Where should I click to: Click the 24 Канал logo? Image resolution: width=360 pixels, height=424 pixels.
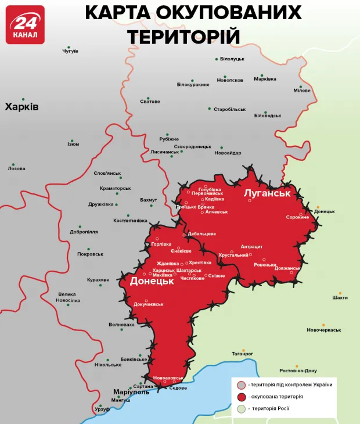(x=25, y=25)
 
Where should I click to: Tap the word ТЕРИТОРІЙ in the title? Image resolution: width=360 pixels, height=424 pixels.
(x=183, y=36)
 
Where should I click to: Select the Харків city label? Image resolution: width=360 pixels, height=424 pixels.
(x=21, y=107)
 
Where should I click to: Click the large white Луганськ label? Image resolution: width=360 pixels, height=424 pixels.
(x=267, y=192)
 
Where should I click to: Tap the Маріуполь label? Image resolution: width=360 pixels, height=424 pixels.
(x=131, y=391)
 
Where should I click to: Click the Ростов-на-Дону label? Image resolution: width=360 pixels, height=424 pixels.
(x=298, y=371)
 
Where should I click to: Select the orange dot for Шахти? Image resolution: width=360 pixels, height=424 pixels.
(x=341, y=293)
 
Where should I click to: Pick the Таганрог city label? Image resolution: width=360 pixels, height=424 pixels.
(x=243, y=353)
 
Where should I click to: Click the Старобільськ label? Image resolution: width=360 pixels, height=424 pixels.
(x=230, y=109)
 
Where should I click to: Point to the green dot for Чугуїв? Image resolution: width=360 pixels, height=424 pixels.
(x=69, y=47)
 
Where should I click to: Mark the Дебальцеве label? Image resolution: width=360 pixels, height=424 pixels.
(x=201, y=233)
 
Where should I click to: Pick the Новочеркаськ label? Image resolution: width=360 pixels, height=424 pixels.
(x=324, y=330)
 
